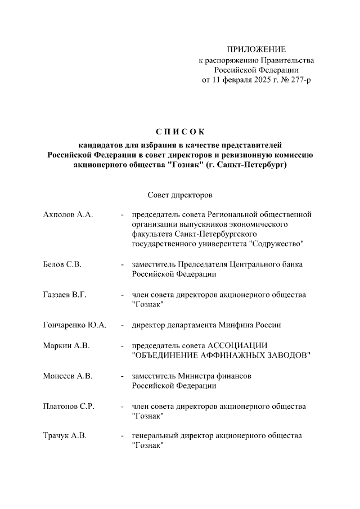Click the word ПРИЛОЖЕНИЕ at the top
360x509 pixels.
point(256,49)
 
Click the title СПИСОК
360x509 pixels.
point(180,133)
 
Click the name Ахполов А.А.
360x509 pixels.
point(67,214)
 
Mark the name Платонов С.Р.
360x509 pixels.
point(68,406)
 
